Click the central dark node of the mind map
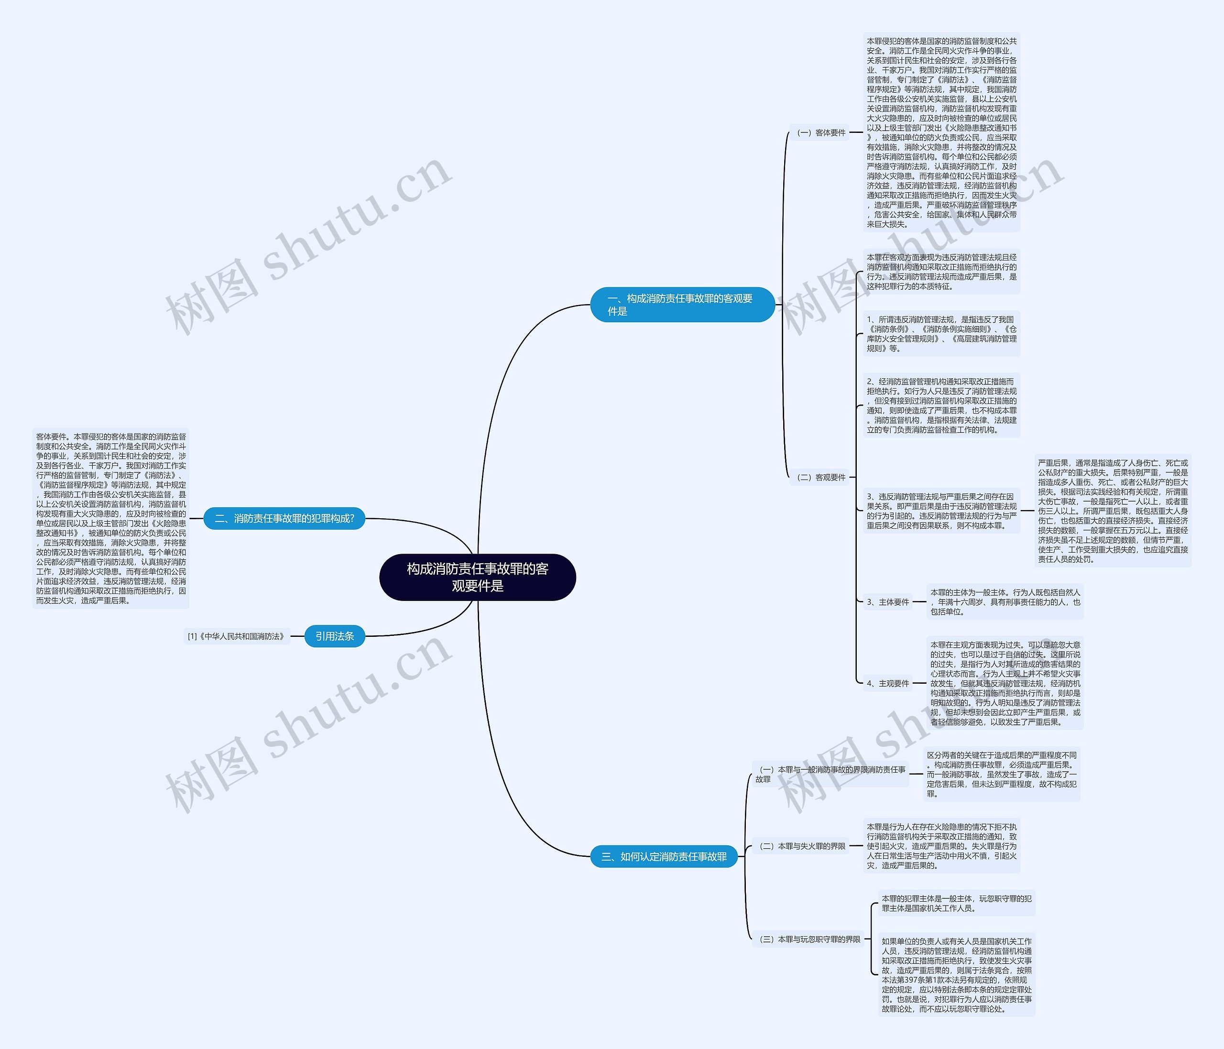pyautogui.click(x=477, y=577)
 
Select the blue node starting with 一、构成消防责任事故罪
pyautogui.click(x=682, y=305)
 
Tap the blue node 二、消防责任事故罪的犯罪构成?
pyautogui.click(x=284, y=519)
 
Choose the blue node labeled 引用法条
pyautogui.click(x=334, y=636)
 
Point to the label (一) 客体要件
pyautogui.click(x=821, y=133)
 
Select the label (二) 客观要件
pyautogui.click(x=821, y=477)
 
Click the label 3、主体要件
pyautogui.click(x=888, y=602)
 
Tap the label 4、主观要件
pyautogui.click(x=888, y=683)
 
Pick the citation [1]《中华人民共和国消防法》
pyautogui.click(x=236, y=636)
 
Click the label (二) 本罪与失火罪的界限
pyautogui.click(x=802, y=846)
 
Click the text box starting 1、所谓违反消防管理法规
pyautogui.click(x=941, y=334)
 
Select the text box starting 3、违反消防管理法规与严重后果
pyautogui.click(x=941, y=511)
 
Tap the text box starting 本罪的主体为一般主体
pyautogui.click(x=1005, y=602)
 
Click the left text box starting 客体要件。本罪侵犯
pyautogui.click(x=111, y=518)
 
